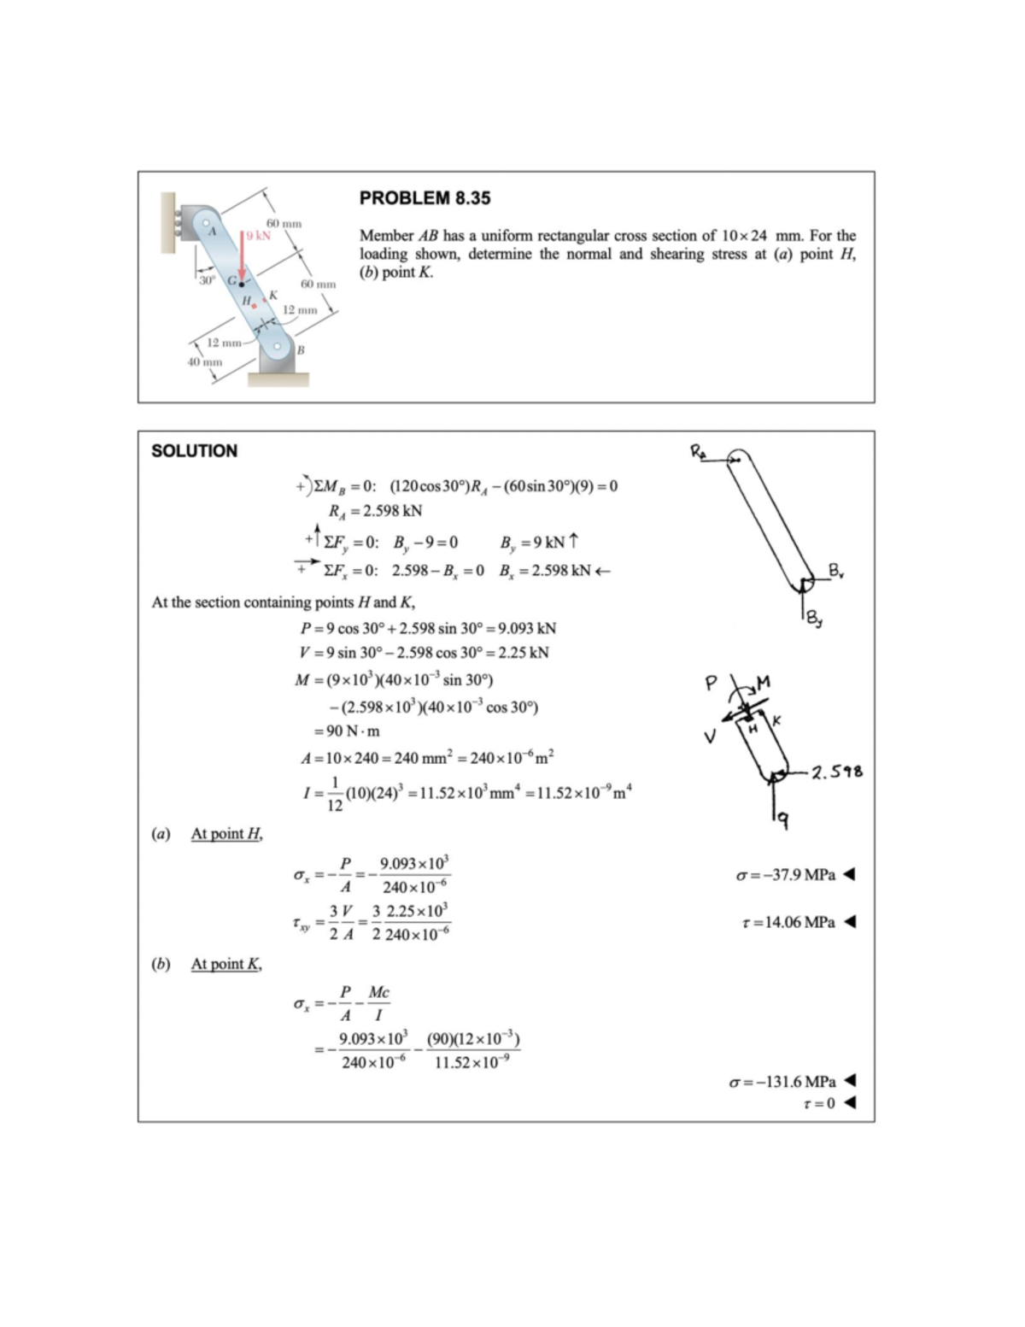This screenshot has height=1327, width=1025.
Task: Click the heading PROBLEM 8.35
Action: [x=425, y=198]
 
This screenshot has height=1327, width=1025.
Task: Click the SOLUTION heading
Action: [x=194, y=451]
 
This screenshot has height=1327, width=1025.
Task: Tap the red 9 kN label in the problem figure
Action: [x=258, y=236]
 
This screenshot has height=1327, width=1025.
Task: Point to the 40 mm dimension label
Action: [x=205, y=362]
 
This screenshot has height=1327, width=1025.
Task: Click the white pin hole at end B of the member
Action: [x=278, y=347]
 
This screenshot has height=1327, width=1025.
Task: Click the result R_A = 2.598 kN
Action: [x=375, y=511]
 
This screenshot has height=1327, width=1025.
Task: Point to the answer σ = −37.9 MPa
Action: [x=786, y=875]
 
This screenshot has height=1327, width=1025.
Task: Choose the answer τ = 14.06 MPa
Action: [x=788, y=922]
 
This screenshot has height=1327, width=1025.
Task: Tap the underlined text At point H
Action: [x=226, y=834]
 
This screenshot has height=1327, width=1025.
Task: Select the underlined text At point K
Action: [x=226, y=964]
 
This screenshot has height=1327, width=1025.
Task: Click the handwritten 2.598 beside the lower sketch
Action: [x=836, y=772]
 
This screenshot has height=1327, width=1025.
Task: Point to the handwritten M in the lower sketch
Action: [x=763, y=682]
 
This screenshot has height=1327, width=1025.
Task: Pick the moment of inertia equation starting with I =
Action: [x=466, y=793]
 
